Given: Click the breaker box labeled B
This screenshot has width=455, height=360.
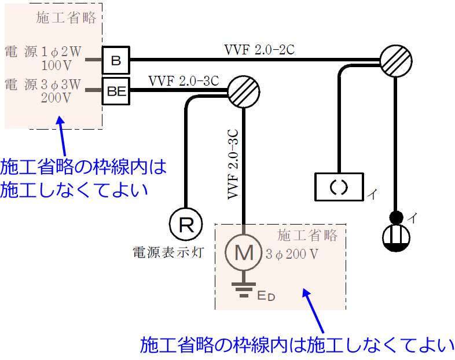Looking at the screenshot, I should click(x=116, y=60).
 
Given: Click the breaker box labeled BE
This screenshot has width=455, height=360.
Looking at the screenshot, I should click(x=116, y=90).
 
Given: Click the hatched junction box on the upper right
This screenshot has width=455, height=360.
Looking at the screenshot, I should click(x=395, y=60).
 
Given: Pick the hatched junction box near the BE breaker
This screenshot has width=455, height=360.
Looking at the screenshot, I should click(x=242, y=90).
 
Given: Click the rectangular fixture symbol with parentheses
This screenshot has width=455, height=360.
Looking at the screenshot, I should click(x=339, y=186).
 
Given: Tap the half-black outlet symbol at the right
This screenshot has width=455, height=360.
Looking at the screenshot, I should click(x=396, y=238).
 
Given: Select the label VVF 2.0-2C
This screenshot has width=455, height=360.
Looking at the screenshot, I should click(x=259, y=50).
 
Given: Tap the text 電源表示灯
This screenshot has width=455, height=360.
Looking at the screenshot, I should click(x=167, y=252).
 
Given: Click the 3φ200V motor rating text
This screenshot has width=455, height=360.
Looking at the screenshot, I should click(x=293, y=254).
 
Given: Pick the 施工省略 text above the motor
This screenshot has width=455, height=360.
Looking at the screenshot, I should click(x=307, y=236).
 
